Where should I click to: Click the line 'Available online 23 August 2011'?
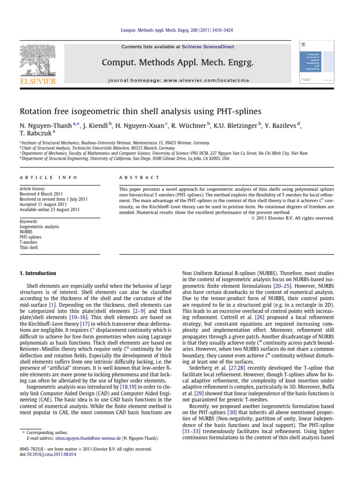coord(50,210)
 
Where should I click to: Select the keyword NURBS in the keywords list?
coord(27,232)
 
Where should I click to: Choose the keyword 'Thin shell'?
coord(29,247)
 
